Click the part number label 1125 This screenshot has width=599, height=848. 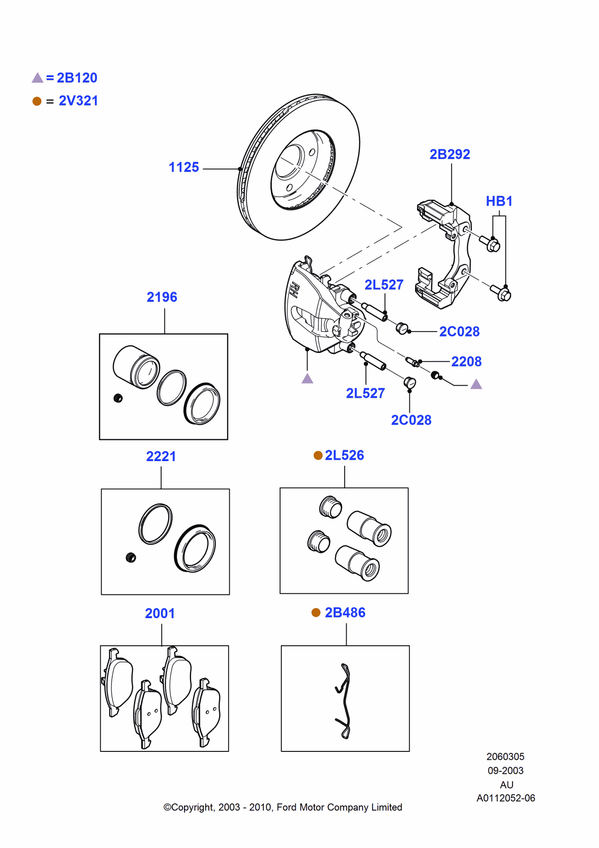pyautogui.click(x=184, y=168)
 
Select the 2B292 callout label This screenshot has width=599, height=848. pyautogui.click(x=449, y=154)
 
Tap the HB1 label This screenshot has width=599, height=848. pyautogui.click(x=499, y=201)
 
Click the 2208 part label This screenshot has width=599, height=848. pyautogui.click(x=466, y=362)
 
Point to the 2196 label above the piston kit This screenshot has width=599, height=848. pyautogui.click(x=162, y=297)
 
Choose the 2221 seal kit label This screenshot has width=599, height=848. pyautogui.click(x=161, y=456)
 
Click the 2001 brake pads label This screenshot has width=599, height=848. pyautogui.click(x=160, y=613)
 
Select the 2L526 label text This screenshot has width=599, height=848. pyautogui.click(x=344, y=455)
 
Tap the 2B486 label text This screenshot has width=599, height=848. pyautogui.click(x=345, y=612)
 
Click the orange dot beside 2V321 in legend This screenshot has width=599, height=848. pyautogui.click(x=37, y=101)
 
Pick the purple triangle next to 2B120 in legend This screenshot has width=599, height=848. pyautogui.click(x=38, y=78)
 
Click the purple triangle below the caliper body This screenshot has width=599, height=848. pyautogui.click(x=308, y=379)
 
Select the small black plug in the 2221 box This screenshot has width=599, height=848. pyautogui.click(x=131, y=557)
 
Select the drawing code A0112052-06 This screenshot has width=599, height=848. pyautogui.click(x=505, y=798)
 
